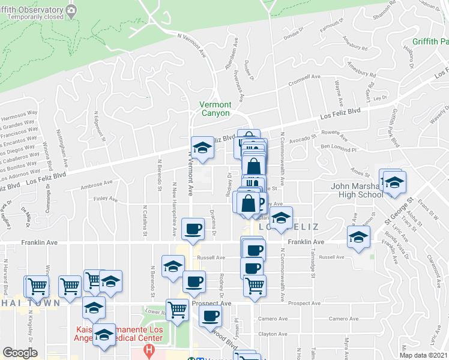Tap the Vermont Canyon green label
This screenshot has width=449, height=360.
[x=214, y=109]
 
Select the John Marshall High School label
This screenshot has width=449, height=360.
[x=357, y=190]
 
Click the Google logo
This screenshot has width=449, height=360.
[x=20, y=353]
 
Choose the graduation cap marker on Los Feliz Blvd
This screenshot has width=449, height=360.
[x=203, y=149]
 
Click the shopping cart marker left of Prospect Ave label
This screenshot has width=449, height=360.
[x=178, y=310]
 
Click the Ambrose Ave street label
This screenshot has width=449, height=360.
[x=96, y=183]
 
